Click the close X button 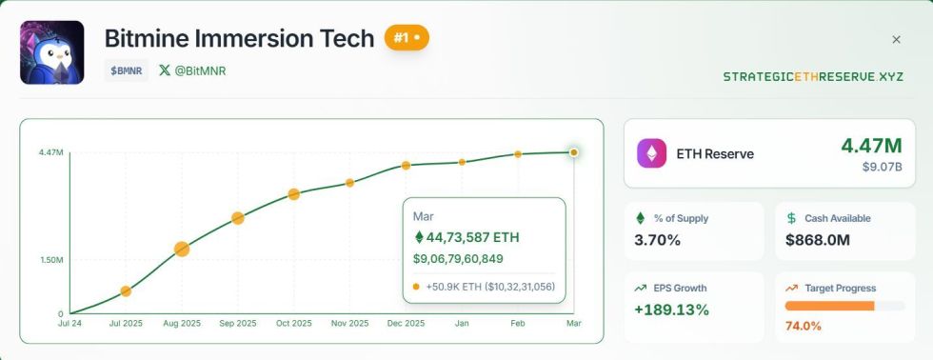coord(896,40)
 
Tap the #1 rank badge coord(407,38)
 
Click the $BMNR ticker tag coord(127,70)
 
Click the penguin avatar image coord(52,52)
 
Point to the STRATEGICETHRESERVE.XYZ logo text coord(812,76)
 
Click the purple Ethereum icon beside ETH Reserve coord(652,153)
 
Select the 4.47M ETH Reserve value coord(870,146)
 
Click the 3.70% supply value coord(658,240)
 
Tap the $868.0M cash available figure coord(818,240)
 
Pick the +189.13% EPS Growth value coord(671,310)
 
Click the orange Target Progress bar coord(829,306)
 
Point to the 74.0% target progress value coord(804,326)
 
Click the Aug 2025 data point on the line coord(182,250)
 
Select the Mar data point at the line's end coord(573,152)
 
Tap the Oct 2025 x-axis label coord(293,324)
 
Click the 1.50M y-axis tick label coord(50,260)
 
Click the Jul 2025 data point coord(126,290)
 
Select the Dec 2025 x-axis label coord(406,324)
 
